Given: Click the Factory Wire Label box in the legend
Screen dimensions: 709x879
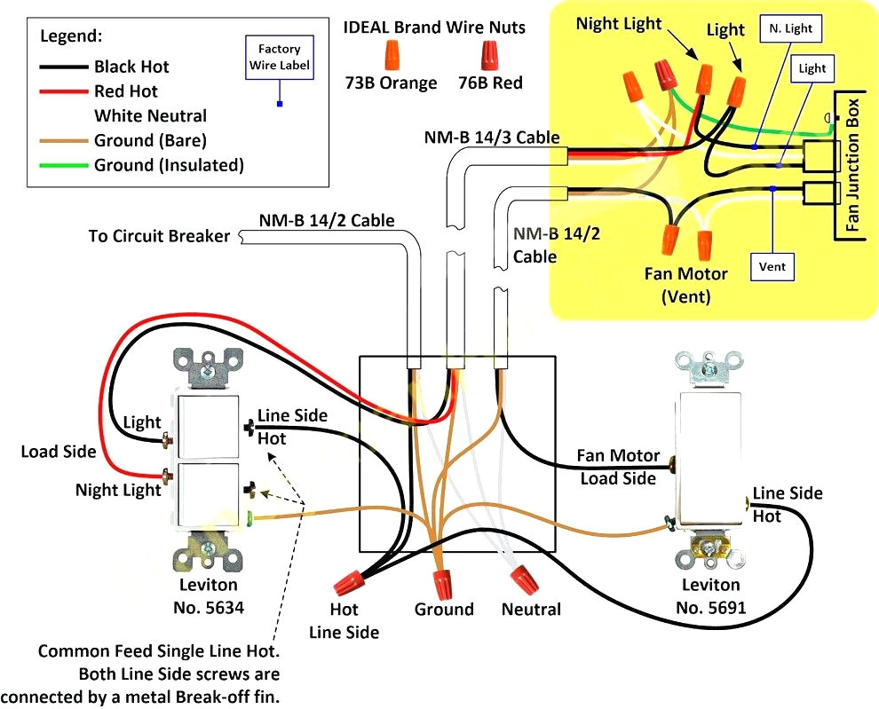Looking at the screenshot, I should [279, 57].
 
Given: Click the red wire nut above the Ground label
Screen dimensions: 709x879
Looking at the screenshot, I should [442, 582].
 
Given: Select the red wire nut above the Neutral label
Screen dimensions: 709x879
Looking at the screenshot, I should [523, 580].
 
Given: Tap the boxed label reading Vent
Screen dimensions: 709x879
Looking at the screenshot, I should [772, 265].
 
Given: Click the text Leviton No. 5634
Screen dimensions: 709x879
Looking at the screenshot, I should [208, 596].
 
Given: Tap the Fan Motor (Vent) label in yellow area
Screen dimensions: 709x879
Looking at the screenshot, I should [685, 285].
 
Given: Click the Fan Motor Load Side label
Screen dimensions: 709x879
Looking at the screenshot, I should [618, 467].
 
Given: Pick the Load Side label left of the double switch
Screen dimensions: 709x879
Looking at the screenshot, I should [58, 452].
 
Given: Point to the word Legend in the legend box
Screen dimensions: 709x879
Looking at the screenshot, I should [71, 36].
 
